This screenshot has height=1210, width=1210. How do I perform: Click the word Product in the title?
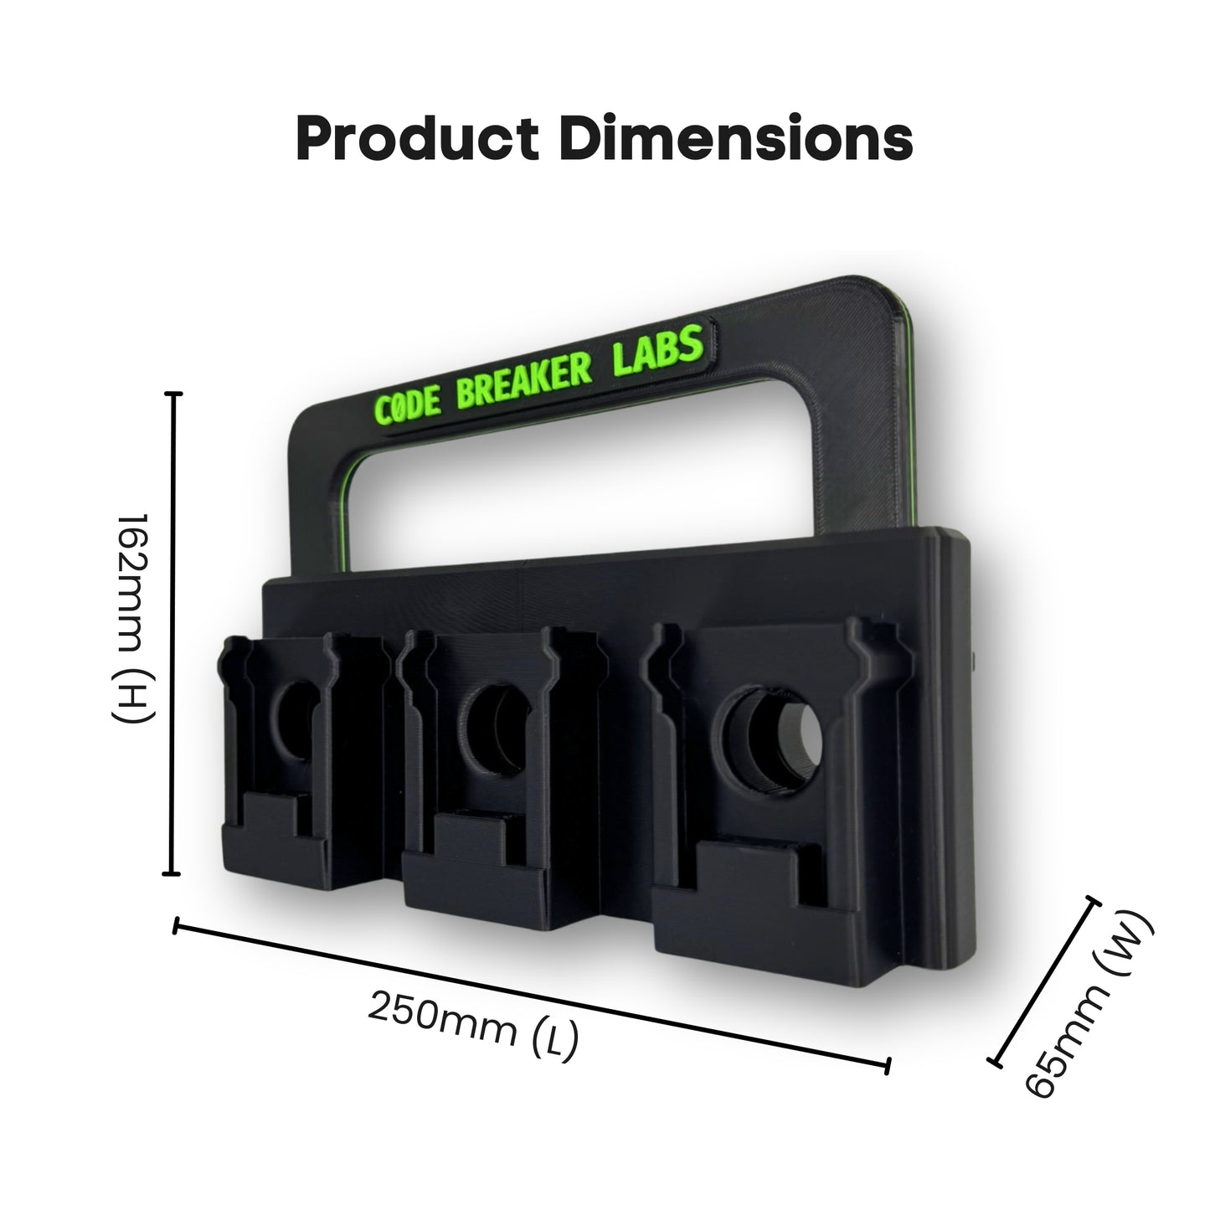[x=417, y=139]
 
